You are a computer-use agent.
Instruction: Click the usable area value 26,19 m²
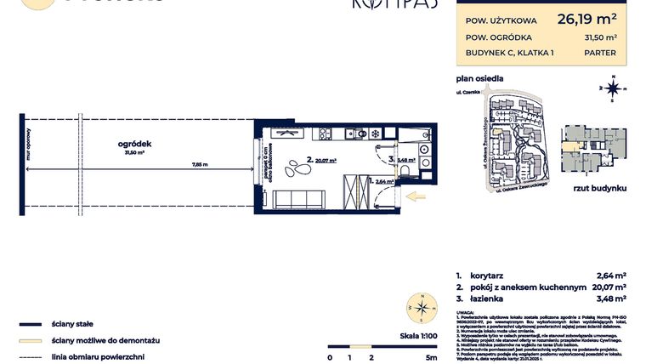[x=586, y=17]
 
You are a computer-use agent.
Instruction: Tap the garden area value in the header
[x=599, y=37]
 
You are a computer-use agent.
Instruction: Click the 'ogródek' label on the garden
[x=134, y=145]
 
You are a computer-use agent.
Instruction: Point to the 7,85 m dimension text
[x=200, y=164]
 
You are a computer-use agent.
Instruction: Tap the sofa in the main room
[x=296, y=199]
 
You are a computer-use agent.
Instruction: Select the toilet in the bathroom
[x=408, y=173]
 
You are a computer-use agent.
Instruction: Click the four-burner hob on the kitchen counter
[x=327, y=134]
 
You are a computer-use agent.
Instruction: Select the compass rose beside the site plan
[x=611, y=88]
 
